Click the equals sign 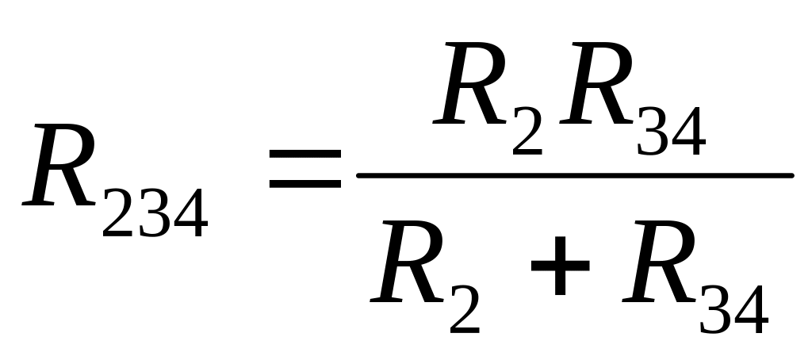pos(305,168)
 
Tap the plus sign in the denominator pos(561,266)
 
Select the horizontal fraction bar pos(575,175)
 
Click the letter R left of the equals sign pos(59,165)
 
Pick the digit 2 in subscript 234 pos(118,213)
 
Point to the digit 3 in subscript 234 pos(154,213)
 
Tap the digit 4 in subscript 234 pos(190,213)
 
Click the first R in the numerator pos(470,83)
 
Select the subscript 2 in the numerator pos(527,131)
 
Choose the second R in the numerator pos(597,83)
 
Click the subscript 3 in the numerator pos(653,131)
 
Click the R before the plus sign pos(408,262)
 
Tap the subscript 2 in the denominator pos(465,308)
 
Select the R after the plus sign pos(660,262)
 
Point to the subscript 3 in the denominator pos(716,309)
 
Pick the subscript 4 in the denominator pos(752,308)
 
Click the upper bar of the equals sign pos(305,154)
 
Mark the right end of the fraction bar pos(792,175)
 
